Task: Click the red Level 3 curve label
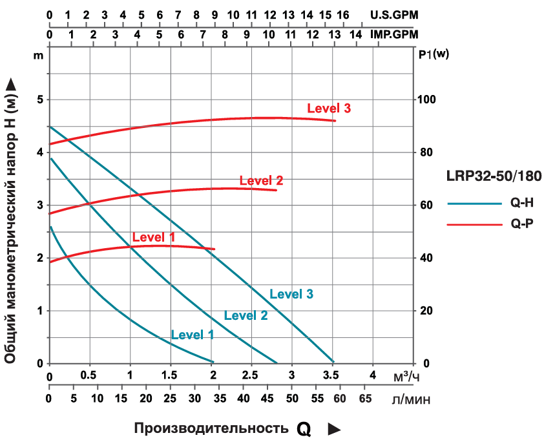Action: point(329,109)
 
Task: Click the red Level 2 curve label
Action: point(261,181)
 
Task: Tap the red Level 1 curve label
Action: point(154,237)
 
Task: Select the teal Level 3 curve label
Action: point(291,294)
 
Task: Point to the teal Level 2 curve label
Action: point(246,315)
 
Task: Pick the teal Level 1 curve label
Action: point(192,335)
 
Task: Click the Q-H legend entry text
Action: point(521,203)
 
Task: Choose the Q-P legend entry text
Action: point(521,224)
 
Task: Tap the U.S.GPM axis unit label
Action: point(393,14)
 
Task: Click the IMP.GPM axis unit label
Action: point(393,34)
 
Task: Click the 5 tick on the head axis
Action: point(39,100)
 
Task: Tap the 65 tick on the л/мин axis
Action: point(364,398)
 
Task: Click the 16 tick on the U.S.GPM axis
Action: point(343,14)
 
